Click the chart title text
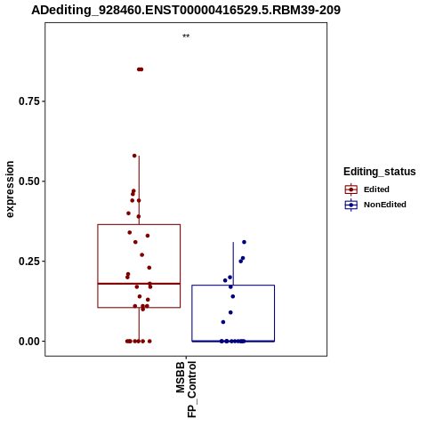coord(186,11)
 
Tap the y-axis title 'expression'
coord(10,189)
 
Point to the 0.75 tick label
coord(29,101)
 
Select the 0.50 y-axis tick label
coord(29,181)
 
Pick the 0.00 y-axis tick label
coord(29,342)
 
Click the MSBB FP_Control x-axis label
coord(186,389)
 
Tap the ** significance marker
coord(186,36)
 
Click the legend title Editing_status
coord(380,172)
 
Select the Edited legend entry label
coord(376,189)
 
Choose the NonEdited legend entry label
coord(385,205)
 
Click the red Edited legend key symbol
coord(351,189)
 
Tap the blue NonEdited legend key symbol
coord(351,205)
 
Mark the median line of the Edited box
coord(139,284)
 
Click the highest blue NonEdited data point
coord(244,242)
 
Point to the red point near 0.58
coord(134,156)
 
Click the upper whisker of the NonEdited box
coord(233,263)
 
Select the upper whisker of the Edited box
coord(139,190)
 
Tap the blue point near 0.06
coord(223,322)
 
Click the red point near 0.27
coord(141,254)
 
